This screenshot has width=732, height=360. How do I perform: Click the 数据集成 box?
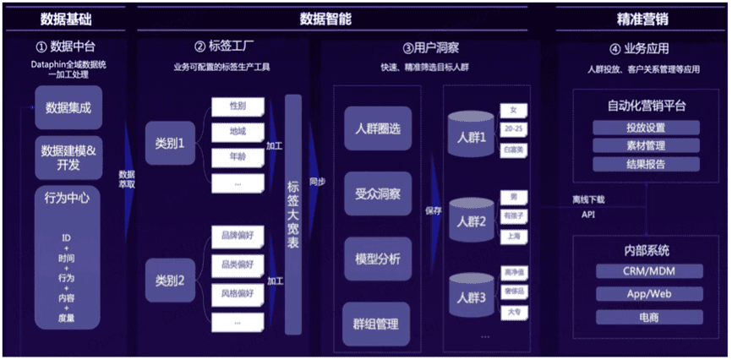click(68, 107)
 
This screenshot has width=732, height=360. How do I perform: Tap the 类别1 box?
click(169, 142)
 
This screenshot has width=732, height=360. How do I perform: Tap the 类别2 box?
click(169, 277)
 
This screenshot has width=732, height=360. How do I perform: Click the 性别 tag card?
click(238, 107)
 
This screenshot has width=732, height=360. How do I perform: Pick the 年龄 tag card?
click(238, 156)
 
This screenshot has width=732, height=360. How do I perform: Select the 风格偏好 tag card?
click(238, 293)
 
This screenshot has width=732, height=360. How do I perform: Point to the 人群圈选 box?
click(378, 128)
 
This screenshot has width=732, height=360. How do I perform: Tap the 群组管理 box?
click(378, 323)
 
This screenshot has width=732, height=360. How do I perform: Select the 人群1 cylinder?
click(472, 137)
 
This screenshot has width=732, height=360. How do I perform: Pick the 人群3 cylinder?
click(472, 297)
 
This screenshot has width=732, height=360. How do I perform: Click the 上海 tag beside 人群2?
click(513, 237)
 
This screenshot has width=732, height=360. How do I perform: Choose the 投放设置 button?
click(646, 128)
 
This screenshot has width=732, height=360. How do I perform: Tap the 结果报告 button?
click(646, 163)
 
